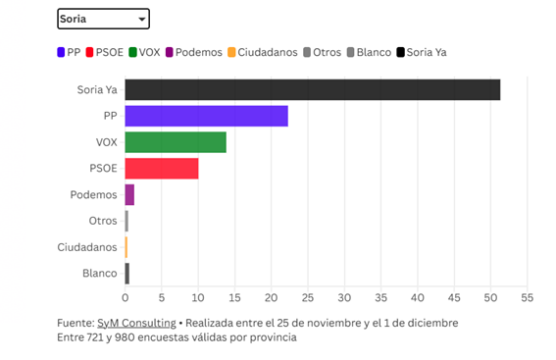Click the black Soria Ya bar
312,89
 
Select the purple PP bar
206,116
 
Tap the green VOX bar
176,142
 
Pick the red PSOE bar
162,169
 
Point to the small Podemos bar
129,195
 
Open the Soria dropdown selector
103,19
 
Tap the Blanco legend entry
368,52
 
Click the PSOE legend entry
103,52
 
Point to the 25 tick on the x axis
308,296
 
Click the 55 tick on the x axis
527,296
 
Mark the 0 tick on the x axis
126,296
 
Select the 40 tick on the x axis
418,296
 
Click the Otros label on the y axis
102,222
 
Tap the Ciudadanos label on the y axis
87,247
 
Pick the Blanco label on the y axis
100,274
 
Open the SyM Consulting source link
136,323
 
